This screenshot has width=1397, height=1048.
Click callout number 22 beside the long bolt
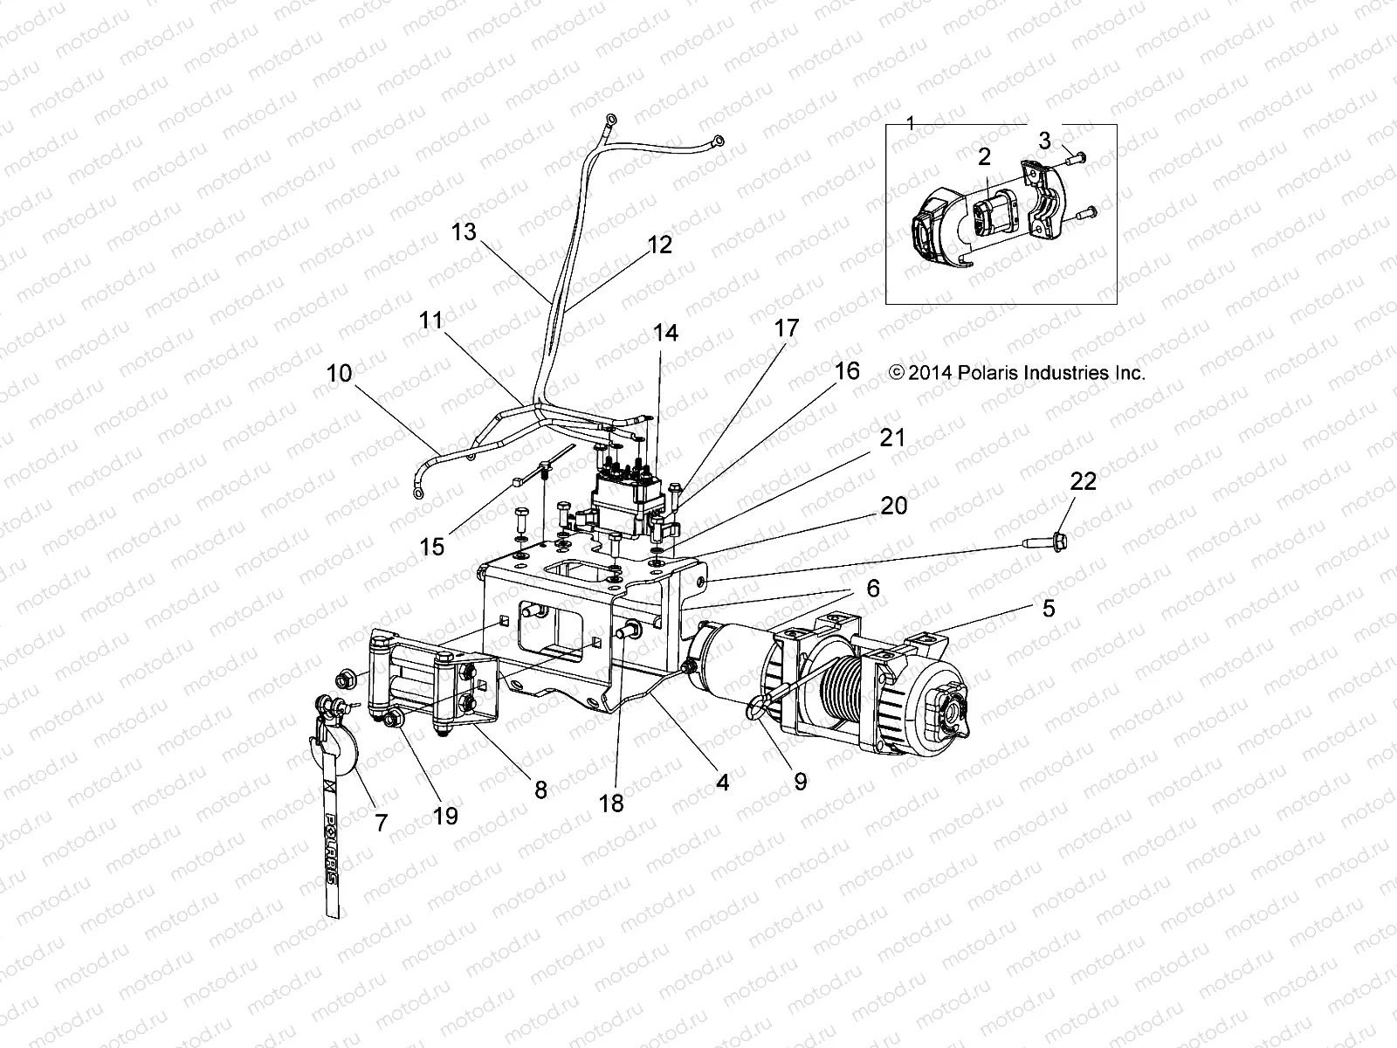(1083, 481)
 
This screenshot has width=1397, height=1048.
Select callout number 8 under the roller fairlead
(540, 789)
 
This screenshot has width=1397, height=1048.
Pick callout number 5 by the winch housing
(1048, 608)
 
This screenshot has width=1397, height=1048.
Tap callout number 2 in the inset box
(984, 157)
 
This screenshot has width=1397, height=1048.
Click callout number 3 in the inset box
(1044, 140)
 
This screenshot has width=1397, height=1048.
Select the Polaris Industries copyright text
(1016, 373)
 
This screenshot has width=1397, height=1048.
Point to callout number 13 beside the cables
(465, 232)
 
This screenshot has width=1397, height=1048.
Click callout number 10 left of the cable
(339, 374)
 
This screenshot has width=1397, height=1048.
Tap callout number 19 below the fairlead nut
(445, 816)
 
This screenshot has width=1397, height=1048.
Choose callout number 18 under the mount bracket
(612, 803)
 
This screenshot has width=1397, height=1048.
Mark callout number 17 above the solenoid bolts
(786, 328)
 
